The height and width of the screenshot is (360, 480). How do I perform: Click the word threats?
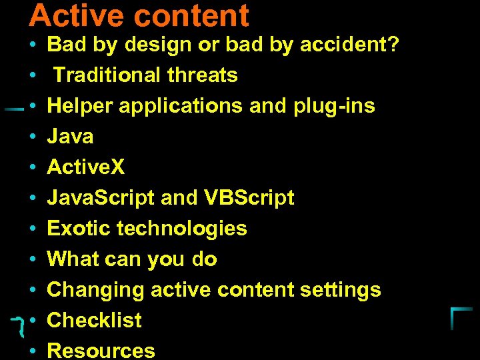203,75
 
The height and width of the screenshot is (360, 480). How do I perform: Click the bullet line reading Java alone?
70,137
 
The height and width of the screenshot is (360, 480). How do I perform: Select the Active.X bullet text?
85,167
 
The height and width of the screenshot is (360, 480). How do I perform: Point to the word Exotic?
79,229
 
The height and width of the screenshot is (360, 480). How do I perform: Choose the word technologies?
182,229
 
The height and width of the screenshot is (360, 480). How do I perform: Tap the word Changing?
96,290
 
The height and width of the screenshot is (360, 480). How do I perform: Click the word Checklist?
94,321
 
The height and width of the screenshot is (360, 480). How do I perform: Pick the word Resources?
101,351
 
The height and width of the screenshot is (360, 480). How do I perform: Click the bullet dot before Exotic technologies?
33,229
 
